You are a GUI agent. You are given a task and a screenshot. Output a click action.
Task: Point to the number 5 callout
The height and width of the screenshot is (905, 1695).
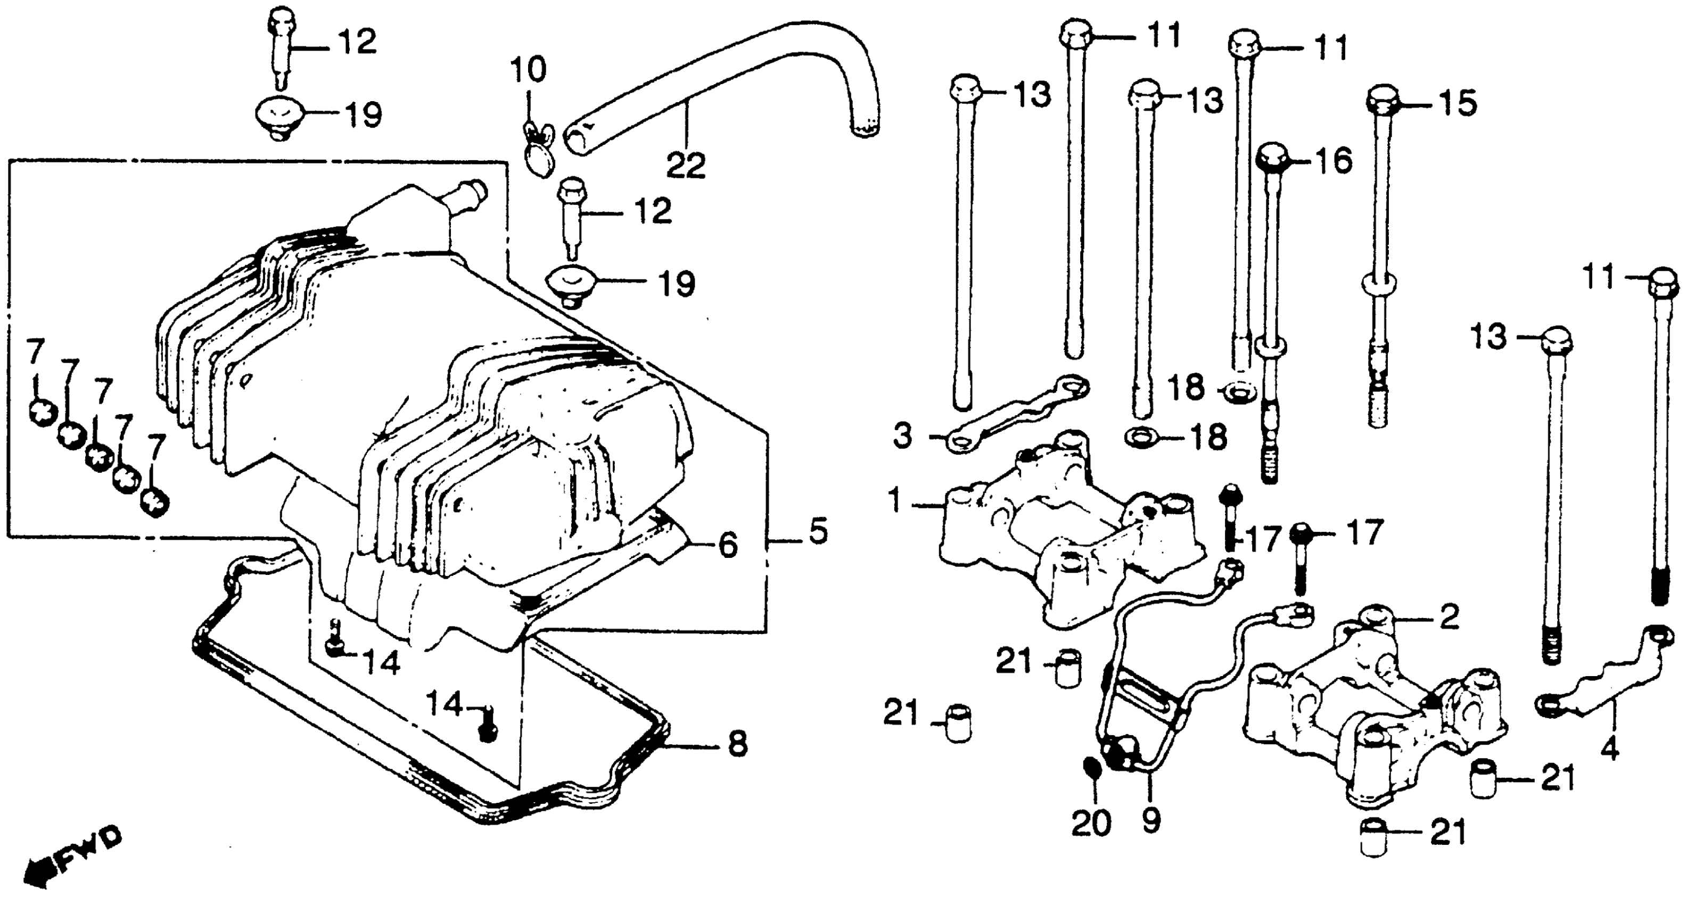817,531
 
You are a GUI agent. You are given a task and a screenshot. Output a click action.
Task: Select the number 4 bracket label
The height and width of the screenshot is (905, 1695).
1609,748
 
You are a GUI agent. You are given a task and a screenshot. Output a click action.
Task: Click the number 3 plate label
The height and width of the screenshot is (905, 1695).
902,435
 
